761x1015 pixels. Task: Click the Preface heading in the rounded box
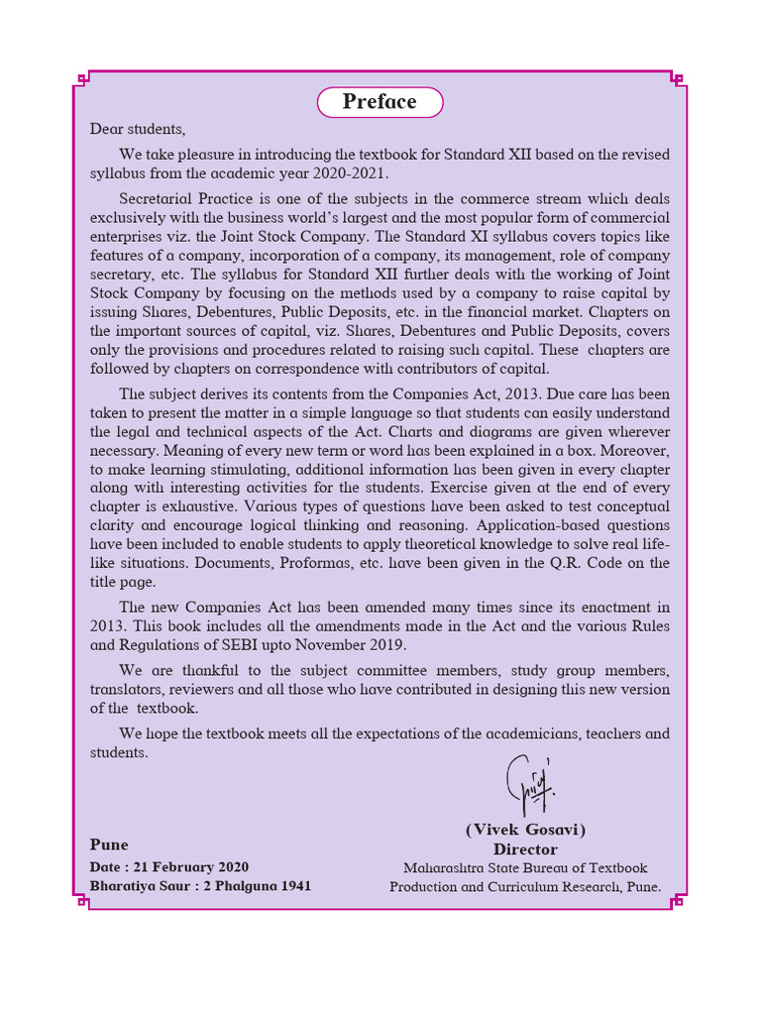pos(380,102)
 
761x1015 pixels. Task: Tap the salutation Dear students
pos(138,129)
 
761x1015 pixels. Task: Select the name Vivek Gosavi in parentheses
pos(525,830)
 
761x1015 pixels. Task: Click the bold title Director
pos(525,849)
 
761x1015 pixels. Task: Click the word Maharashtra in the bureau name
pos(442,868)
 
